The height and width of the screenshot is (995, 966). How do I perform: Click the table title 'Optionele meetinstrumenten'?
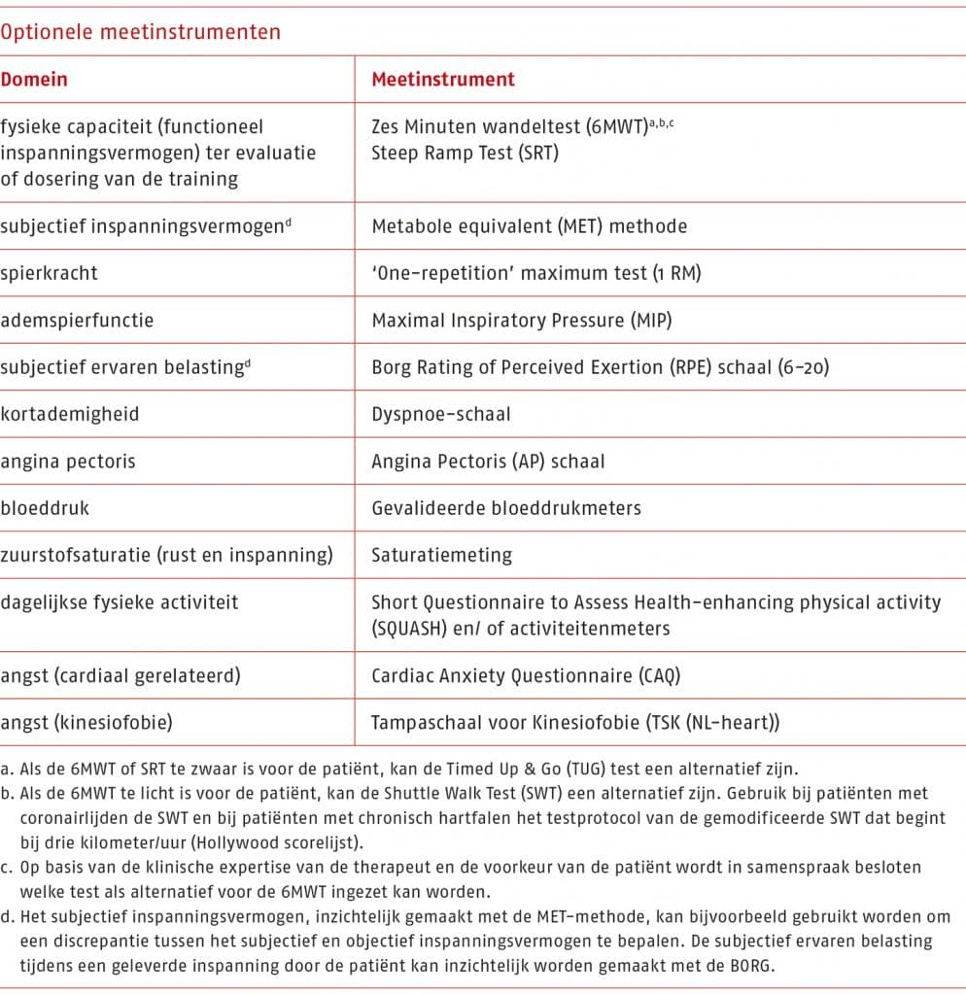point(140,32)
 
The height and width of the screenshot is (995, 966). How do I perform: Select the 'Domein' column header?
point(34,80)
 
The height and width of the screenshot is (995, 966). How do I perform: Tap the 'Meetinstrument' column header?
point(443,80)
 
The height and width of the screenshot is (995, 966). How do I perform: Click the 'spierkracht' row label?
point(49,273)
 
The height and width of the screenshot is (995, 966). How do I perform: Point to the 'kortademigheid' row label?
point(70,414)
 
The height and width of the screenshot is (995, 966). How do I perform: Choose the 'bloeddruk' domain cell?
point(45,507)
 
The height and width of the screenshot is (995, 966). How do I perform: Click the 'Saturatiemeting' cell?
point(441,555)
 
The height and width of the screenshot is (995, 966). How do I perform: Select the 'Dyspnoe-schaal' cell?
point(441,414)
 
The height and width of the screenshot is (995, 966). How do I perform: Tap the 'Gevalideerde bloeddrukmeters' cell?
point(506,507)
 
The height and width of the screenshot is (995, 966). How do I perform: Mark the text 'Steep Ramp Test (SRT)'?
point(466,153)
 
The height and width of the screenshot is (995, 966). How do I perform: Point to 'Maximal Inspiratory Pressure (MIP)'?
point(521,320)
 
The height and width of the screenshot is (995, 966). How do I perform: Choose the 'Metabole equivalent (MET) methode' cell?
point(529,226)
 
